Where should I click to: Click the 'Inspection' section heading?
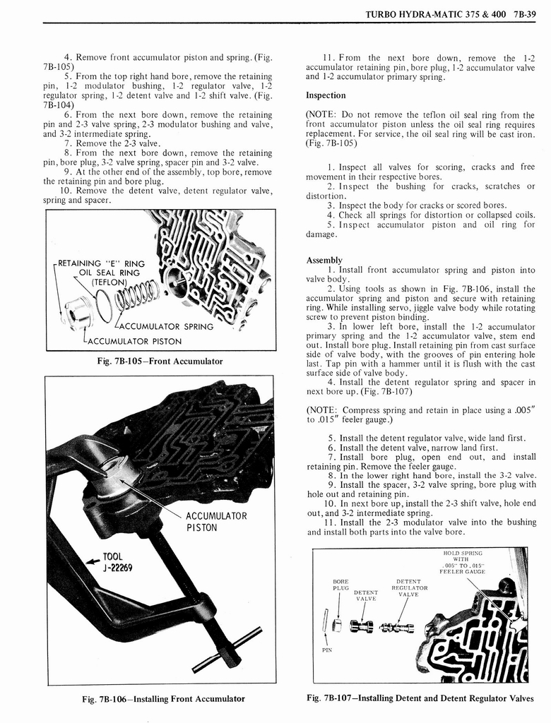pos(326,95)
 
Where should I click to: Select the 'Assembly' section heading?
pos(324,260)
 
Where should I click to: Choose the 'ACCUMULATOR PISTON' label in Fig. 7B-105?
pos(133,341)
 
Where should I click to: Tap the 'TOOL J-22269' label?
pos(112,562)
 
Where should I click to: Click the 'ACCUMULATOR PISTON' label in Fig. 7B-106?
pos(215,522)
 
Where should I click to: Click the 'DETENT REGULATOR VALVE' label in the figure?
pos(410,587)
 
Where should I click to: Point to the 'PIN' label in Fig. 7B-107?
pos(326,650)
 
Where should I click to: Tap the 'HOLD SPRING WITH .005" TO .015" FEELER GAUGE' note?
pos(462,563)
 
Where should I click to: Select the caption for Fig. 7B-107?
pos(421,698)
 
